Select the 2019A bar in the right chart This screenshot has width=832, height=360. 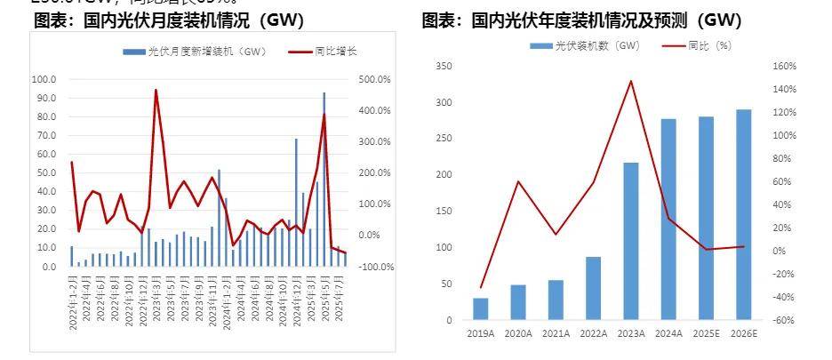(x=481, y=308)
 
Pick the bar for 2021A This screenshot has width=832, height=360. (x=556, y=300)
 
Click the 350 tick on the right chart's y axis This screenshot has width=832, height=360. (x=445, y=67)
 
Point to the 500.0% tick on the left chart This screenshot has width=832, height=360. (x=374, y=79)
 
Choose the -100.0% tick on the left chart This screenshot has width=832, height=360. (x=376, y=267)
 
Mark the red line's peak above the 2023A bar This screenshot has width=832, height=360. (x=631, y=81)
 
